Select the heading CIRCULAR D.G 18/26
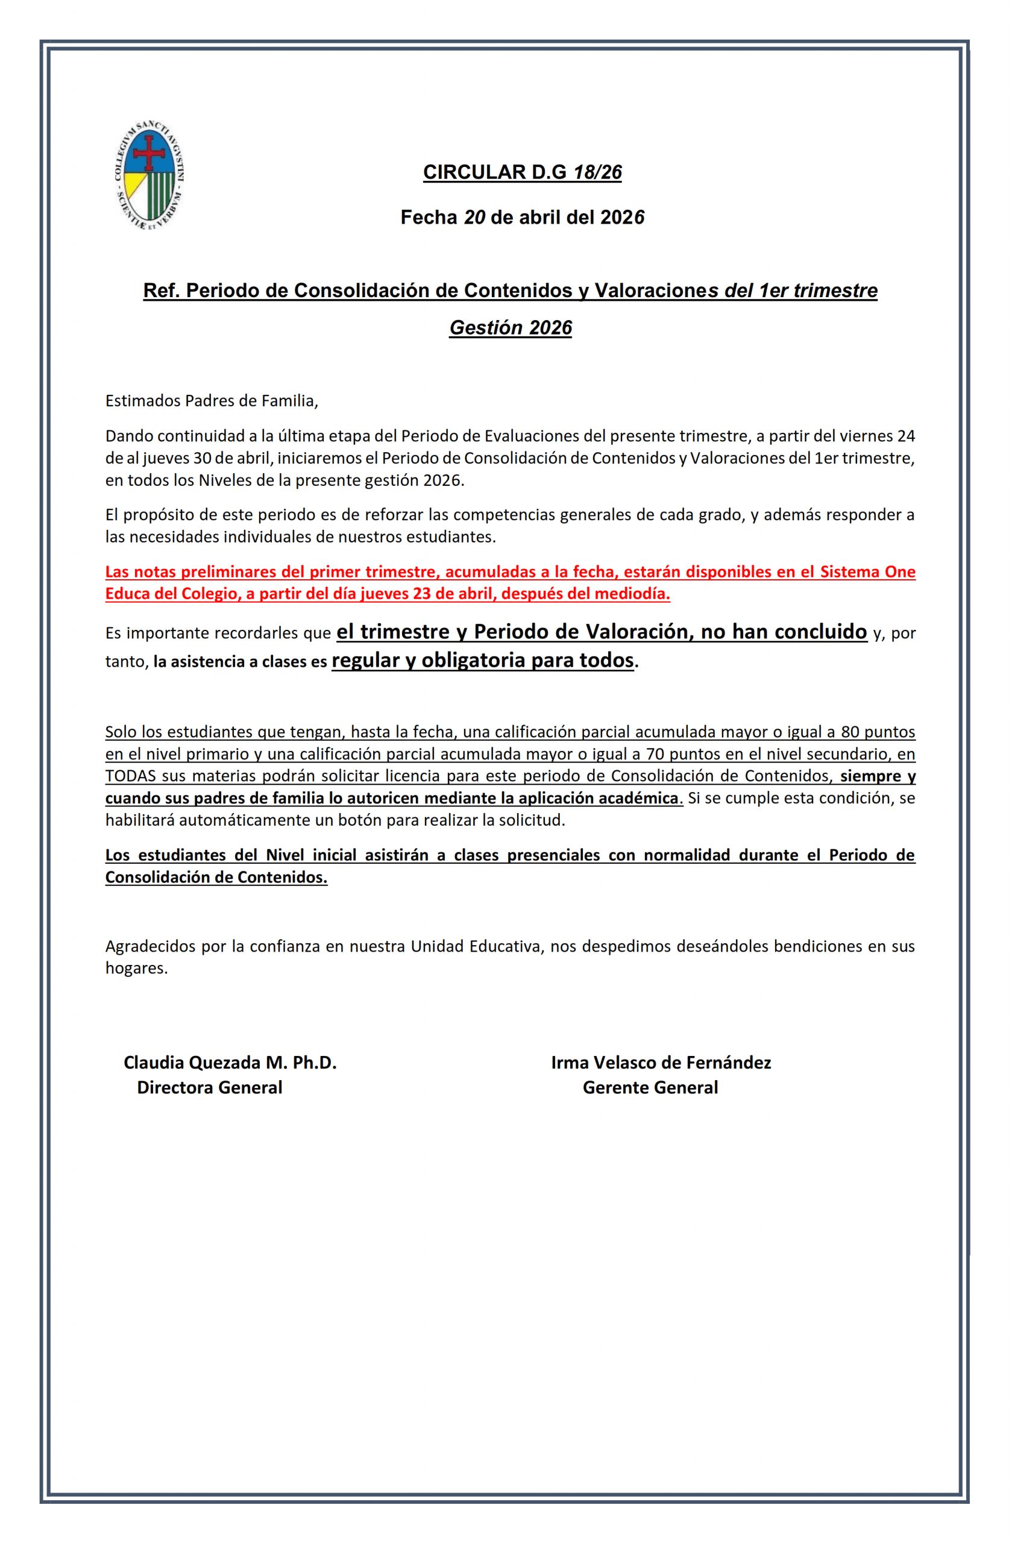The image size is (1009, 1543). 522,172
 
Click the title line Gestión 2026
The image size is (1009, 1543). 511,328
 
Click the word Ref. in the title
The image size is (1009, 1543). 162,291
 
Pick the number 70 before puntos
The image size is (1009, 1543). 655,754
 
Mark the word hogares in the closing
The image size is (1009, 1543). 136,969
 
